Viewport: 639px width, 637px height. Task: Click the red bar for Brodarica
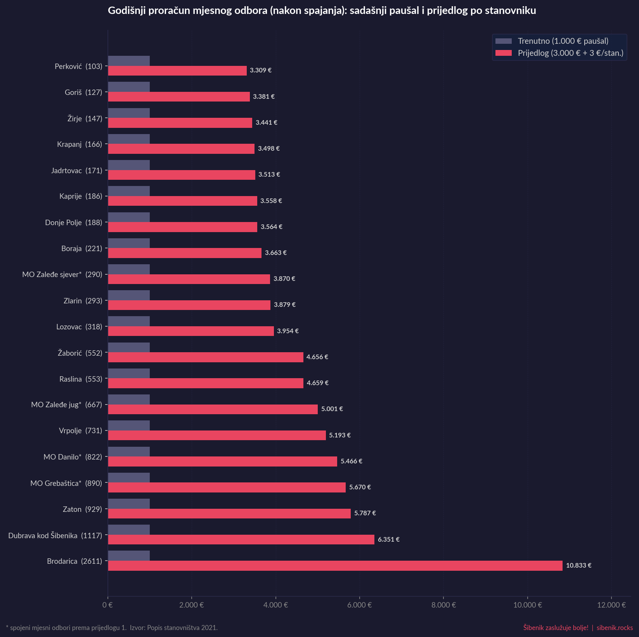pyautogui.click(x=335, y=566)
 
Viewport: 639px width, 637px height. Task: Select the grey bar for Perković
pyautogui.click(x=129, y=61)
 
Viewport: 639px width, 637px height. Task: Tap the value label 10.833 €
pyautogui.click(x=578, y=565)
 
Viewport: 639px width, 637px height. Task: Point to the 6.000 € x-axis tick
pyautogui.click(x=359, y=605)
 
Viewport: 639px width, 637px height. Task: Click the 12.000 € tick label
pyautogui.click(x=611, y=605)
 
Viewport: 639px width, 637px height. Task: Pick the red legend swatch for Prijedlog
pyautogui.click(x=504, y=53)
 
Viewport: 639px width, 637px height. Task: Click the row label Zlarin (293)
pyautogui.click(x=83, y=301)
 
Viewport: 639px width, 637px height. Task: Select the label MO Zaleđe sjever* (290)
pyautogui.click(x=62, y=275)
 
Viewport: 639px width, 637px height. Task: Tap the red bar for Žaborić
pyautogui.click(x=206, y=357)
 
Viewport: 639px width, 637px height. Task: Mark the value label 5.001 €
pyautogui.click(x=332, y=409)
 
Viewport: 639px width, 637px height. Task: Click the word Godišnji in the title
pyautogui.click(x=125, y=11)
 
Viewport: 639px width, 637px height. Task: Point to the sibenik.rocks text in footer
pyautogui.click(x=615, y=627)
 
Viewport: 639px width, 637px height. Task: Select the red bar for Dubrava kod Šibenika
pyautogui.click(x=241, y=539)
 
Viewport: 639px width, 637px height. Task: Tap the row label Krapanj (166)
pyautogui.click(x=80, y=145)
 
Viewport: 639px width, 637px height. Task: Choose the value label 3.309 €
pyautogui.click(x=260, y=71)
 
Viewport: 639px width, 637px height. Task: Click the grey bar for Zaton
pyautogui.click(x=129, y=504)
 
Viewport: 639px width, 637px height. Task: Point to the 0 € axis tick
pyautogui.click(x=108, y=605)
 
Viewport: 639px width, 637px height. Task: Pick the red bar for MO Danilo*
pyautogui.click(x=222, y=461)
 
